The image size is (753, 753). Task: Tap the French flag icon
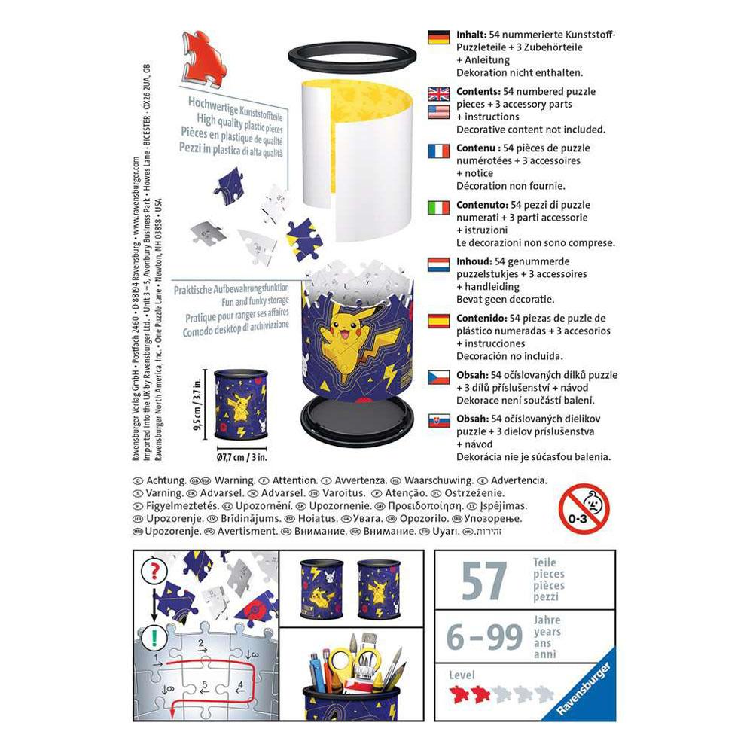[x=438, y=150]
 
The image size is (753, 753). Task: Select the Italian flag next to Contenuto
[x=438, y=207]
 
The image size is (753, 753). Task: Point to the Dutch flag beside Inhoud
[x=438, y=263]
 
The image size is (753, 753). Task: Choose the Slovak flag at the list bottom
[x=438, y=421]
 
